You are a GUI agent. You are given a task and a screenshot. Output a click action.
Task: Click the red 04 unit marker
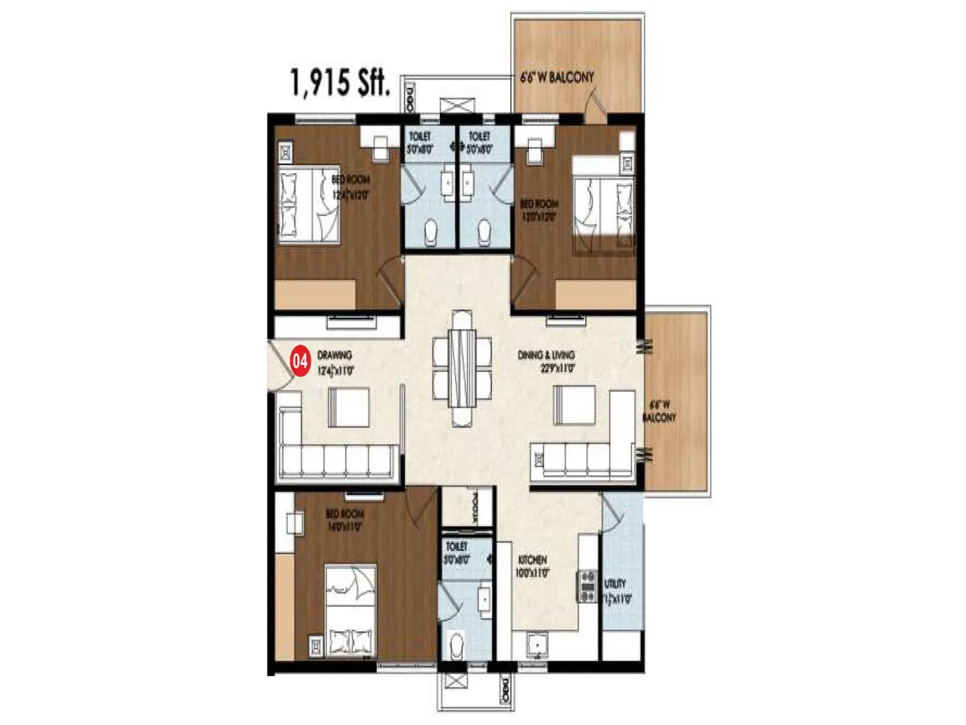300,361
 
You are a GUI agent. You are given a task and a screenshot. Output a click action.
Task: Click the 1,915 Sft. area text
340,82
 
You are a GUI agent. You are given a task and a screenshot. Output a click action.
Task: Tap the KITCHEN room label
533,566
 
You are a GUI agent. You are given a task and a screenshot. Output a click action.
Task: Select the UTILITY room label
616,591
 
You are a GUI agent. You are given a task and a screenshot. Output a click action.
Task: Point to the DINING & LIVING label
546,361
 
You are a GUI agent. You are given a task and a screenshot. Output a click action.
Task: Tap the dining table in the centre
462,369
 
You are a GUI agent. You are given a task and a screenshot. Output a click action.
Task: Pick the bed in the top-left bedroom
309,205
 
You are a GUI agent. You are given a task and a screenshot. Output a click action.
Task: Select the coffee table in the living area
574,405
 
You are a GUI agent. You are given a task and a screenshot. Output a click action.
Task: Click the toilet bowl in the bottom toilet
457,645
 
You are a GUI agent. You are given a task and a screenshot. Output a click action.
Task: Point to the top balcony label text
557,77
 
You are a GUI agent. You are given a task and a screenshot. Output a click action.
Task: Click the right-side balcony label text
659,411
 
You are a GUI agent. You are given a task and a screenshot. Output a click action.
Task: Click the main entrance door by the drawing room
280,366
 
